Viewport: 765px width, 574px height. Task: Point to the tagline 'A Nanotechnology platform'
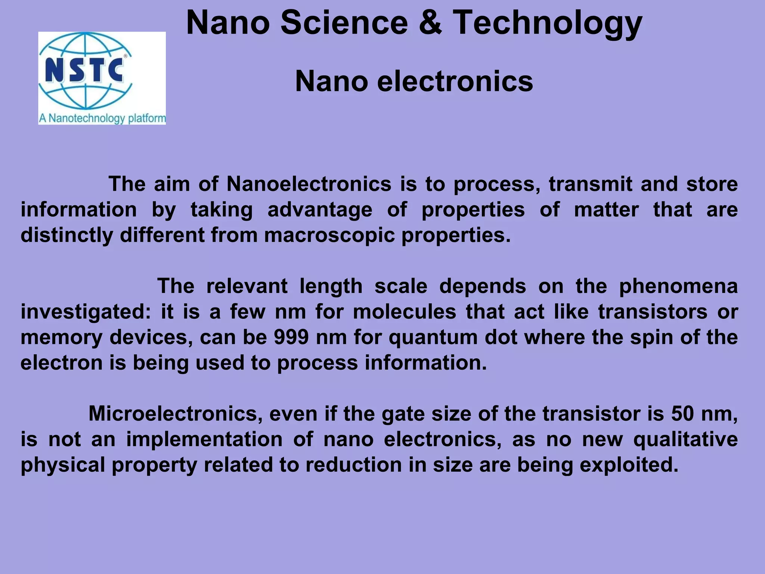[102, 118]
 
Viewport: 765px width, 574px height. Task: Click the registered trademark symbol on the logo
[125, 56]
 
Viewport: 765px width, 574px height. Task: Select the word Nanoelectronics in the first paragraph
[309, 184]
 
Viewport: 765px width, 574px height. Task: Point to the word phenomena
[678, 287]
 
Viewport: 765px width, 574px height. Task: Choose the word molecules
[405, 312]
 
